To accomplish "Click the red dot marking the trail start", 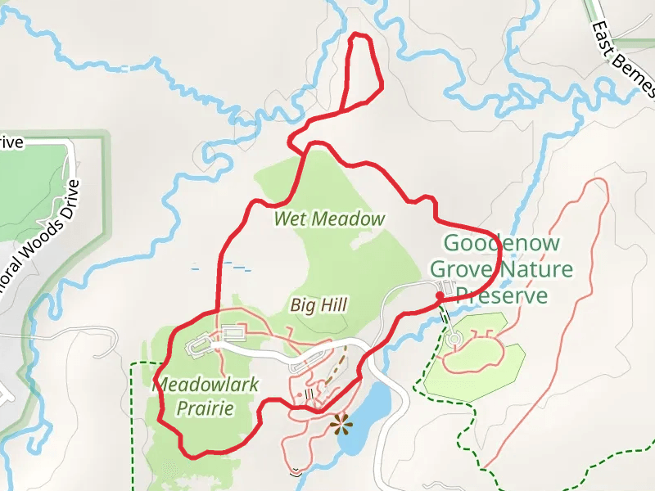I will (x=440, y=295).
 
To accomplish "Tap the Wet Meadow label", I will (x=329, y=219).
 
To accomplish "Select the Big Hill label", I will (x=319, y=305).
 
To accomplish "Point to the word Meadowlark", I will (x=194, y=383).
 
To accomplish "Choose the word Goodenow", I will (x=502, y=243).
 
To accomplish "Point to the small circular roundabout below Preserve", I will (x=454, y=338).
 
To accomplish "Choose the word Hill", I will (x=333, y=305).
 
